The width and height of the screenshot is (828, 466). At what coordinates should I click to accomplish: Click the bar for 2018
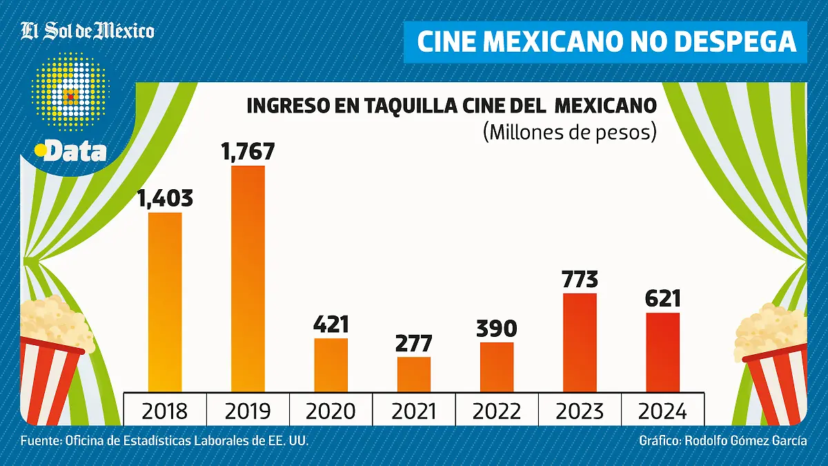click(165, 302)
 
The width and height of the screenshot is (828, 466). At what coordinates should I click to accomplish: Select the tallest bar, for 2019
click(248, 278)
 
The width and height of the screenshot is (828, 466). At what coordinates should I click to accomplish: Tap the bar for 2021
click(414, 374)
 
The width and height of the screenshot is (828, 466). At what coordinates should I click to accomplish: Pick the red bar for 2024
click(662, 352)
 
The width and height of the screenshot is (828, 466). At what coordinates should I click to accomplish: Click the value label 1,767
click(248, 152)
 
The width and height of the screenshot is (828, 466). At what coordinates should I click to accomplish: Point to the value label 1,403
click(165, 199)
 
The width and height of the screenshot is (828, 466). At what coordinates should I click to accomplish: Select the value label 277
click(414, 343)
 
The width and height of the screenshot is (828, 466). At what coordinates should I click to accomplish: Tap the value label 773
click(580, 280)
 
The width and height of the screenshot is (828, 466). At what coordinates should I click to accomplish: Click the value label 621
click(662, 299)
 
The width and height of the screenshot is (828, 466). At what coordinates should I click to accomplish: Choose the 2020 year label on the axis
click(331, 411)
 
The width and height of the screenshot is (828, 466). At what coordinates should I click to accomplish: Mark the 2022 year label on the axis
click(497, 411)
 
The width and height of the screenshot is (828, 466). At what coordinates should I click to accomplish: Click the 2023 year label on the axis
click(580, 411)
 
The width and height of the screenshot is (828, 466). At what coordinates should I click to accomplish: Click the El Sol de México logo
click(88, 31)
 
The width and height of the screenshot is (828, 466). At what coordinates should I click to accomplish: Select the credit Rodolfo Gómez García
click(745, 440)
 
